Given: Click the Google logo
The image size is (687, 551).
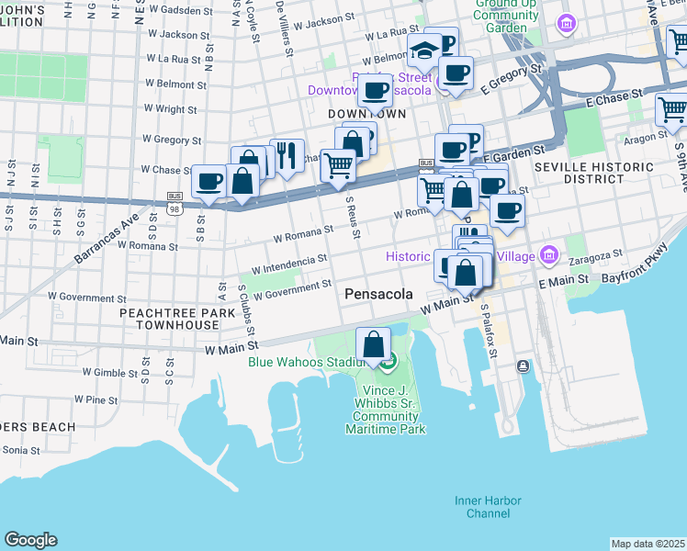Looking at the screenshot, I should (x=30, y=540).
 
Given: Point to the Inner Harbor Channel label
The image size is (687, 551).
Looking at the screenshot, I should (x=488, y=507).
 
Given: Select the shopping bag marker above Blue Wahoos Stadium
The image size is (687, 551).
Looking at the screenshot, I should (x=374, y=346).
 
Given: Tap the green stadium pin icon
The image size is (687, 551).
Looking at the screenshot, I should (x=389, y=365).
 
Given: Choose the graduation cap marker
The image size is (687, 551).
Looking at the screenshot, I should (x=424, y=52).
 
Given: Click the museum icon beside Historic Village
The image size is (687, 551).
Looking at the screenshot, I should (x=548, y=254).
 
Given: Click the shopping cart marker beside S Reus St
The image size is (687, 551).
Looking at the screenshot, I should (x=338, y=166).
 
